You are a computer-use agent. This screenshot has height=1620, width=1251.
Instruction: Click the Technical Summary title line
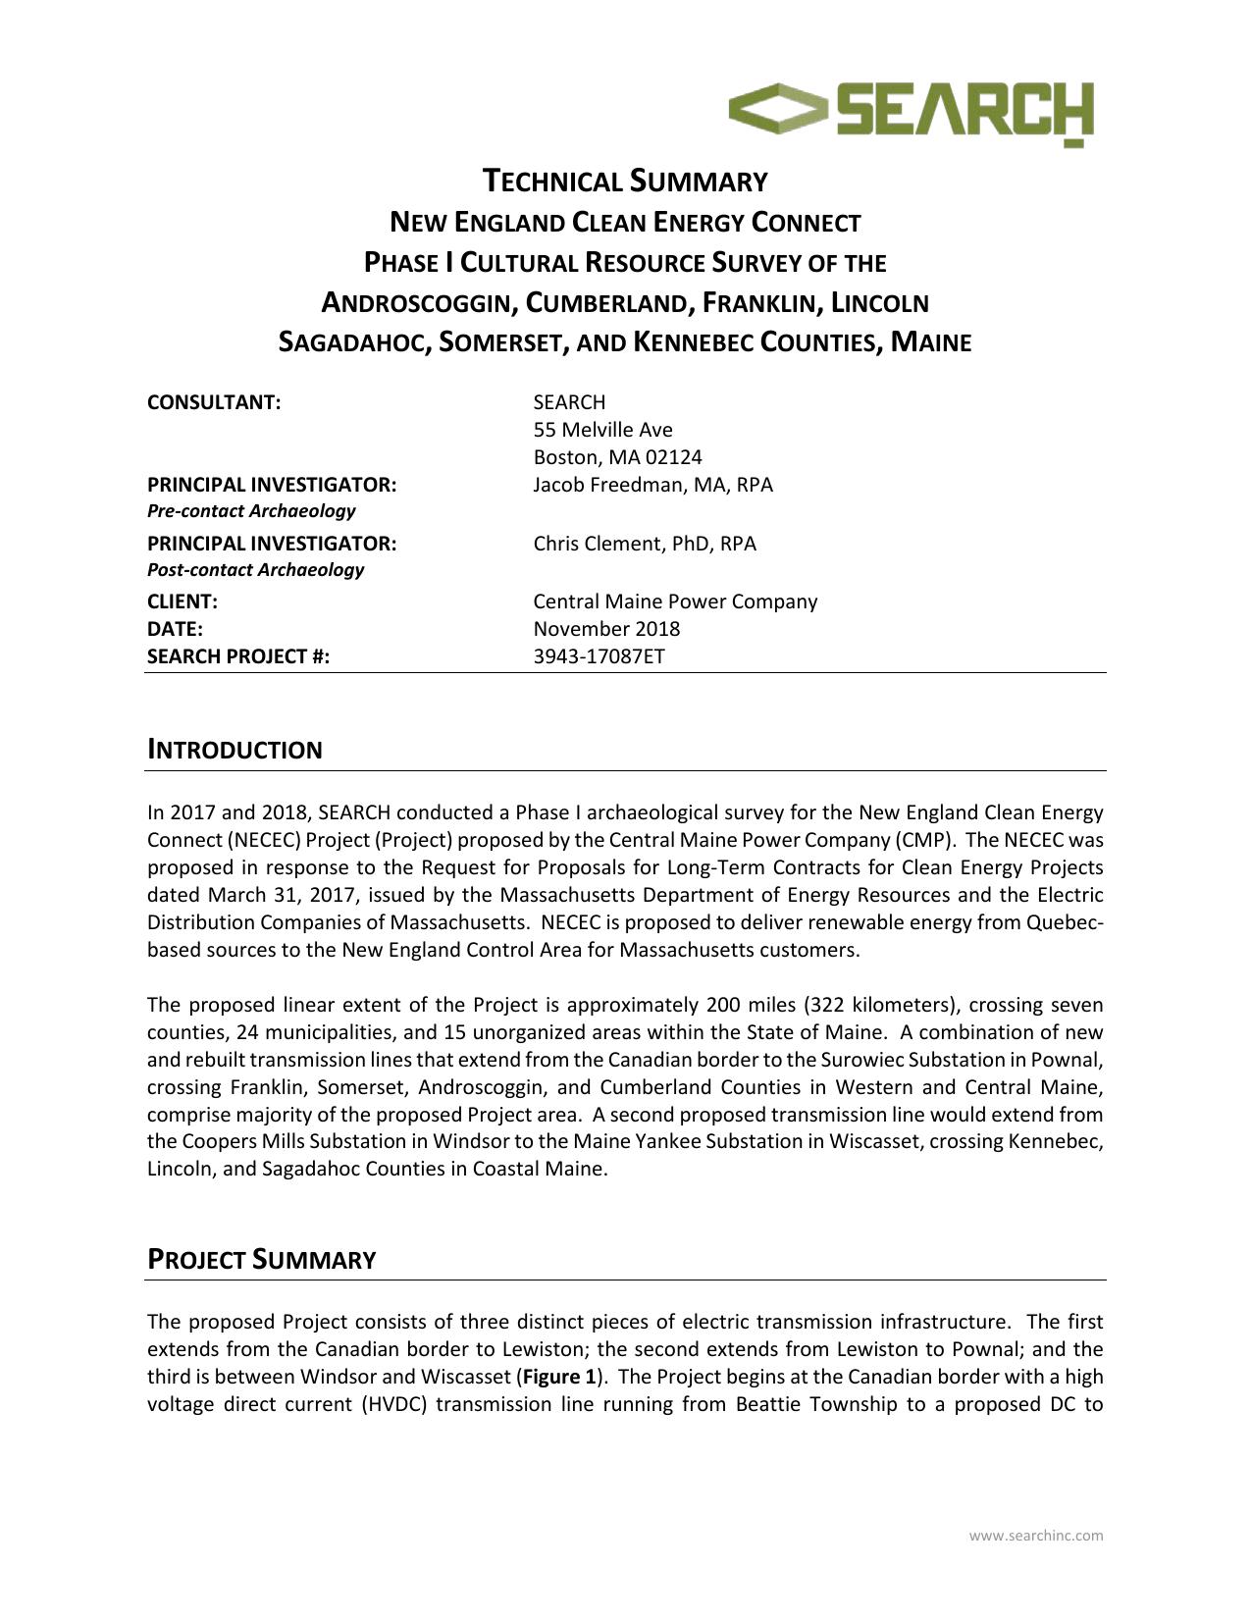pos(625,182)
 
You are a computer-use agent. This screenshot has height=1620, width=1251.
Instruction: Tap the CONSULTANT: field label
pos(214,402)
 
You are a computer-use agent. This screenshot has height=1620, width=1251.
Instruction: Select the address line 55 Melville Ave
pos(602,430)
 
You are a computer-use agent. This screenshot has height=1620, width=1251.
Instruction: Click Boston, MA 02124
pos(617,457)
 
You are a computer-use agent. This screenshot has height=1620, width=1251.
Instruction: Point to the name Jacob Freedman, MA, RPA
pos(652,485)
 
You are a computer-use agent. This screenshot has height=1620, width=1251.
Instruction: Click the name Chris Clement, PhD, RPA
pos(645,544)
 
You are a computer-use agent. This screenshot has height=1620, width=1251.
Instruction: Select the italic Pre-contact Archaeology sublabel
pos(251,511)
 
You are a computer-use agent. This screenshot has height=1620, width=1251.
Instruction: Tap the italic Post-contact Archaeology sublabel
pos(255,570)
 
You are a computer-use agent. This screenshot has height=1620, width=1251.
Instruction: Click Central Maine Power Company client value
pos(674,601)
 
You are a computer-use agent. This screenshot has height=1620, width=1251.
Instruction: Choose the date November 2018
pos(606,629)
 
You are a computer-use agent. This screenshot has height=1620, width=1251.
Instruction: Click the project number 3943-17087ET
pos(599,656)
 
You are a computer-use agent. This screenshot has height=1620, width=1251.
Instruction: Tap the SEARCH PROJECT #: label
pos(238,656)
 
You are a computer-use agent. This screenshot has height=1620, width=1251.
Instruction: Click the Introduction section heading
pos(235,751)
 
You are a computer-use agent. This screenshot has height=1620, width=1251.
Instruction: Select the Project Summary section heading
pos(261,1260)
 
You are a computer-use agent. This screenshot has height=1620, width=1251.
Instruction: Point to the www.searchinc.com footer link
pos(1035,1536)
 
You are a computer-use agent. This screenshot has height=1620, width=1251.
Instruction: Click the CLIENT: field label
pos(182,601)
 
